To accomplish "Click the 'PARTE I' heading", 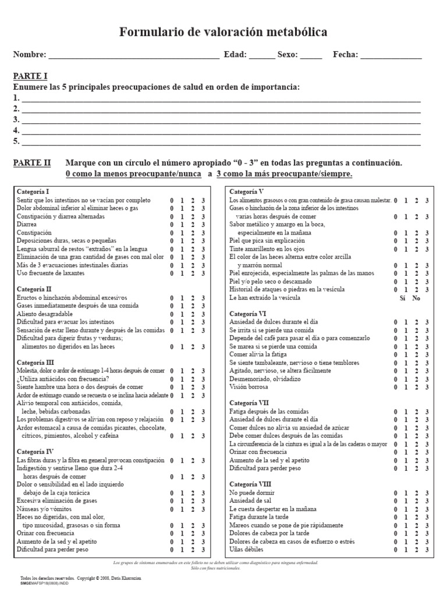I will click(x=30, y=76).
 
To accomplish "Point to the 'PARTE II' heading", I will click(x=32, y=163).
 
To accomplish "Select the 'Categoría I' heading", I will click(x=33, y=191).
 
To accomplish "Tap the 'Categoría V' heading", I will click(x=247, y=191).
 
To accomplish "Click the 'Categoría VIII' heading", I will click(x=250, y=484).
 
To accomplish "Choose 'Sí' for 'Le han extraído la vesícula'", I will click(x=402, y=297).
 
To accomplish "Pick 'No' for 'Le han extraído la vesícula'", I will click(x=416, y=297).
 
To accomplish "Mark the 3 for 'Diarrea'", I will click(x=203, y=224).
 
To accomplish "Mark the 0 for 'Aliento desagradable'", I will click(x=172, y=314).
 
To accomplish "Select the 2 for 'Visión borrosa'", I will click(x=417, y=387).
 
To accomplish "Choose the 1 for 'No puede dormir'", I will click(x=406, y=493).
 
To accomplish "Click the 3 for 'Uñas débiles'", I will click(x=427, y=549).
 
